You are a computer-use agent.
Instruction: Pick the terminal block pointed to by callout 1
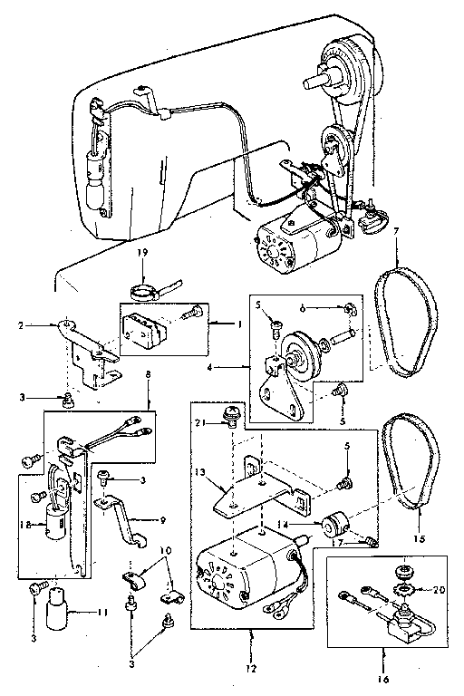(145, 324)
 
